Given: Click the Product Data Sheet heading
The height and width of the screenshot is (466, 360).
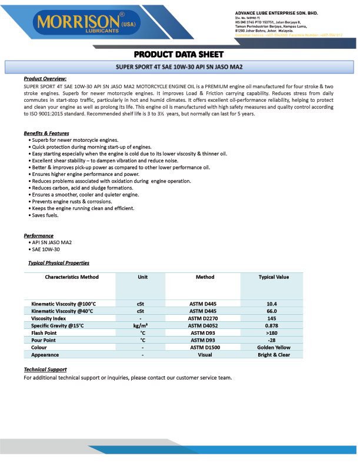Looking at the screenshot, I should coord(179,52).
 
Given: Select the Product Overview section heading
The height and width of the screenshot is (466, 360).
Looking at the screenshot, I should coord(45,78).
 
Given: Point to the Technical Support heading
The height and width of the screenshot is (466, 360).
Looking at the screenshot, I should coord(45,370).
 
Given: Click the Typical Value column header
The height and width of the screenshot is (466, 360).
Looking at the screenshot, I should coord(274,277).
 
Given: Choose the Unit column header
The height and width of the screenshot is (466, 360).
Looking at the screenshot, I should coord(142,277).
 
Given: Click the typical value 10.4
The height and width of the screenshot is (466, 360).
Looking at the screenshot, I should coord(272,304).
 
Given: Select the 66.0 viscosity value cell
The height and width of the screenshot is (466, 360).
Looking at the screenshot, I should coord(272,311).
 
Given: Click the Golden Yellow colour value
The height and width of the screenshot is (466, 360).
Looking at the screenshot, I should coord(274,348).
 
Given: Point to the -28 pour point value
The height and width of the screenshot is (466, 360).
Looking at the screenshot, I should coord(272,340).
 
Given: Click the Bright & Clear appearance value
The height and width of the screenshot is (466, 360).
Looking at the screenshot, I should coord(274,355).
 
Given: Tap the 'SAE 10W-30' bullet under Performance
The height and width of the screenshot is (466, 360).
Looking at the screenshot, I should coord(47,249).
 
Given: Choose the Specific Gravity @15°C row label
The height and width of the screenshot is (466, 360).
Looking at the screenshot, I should coord(58,325).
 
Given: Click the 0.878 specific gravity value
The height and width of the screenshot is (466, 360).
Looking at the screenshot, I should coord(272,325).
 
